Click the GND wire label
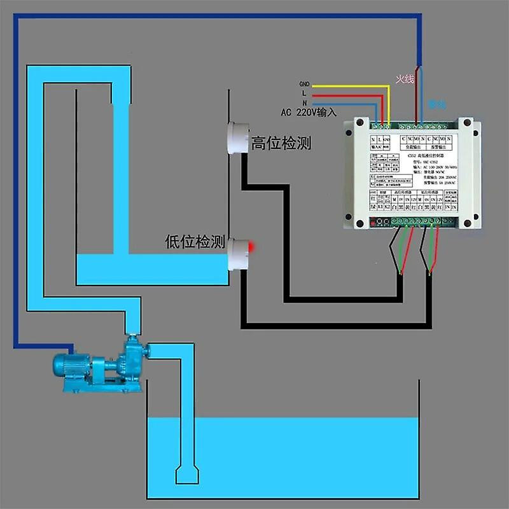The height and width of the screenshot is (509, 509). pyautogui.click(x=303, y=84)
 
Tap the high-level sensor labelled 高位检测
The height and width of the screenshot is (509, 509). pyautogui.click(x=236, y=137)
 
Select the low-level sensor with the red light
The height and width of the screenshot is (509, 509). pyautogui.click(x=237, y=253)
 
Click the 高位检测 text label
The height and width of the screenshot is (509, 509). pyautogui.click(x=281, y=144)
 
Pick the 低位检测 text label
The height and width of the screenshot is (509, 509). pyautogui.click(x=195, y=242)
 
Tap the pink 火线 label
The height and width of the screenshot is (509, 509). pyautogui.click(x=405, y=80)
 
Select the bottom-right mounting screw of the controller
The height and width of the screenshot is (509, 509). pyautogui.click(x=468, y=223)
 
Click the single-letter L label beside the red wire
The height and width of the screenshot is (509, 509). pyautogui.click(x=305, y=94)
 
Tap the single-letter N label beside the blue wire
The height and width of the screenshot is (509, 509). pyautogui.click(x=305, y=103)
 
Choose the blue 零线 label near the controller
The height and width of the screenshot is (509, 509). pyautogui.click(x=437, y=104)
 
